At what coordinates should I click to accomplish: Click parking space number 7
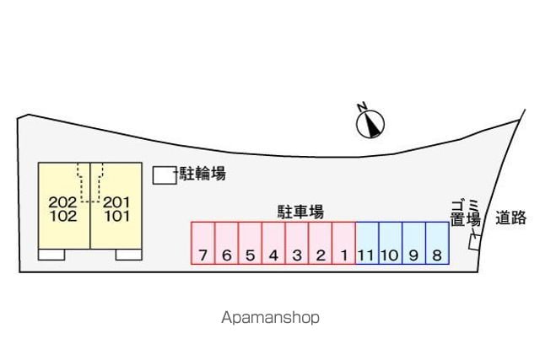[203, 243]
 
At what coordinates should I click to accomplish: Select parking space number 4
[273, 243]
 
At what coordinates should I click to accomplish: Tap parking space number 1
[343, 243]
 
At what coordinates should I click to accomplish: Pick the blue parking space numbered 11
[367, 243]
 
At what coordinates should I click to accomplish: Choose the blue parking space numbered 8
[437, 243]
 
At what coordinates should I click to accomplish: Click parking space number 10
[391, 243]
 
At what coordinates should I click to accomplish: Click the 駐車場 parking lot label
[300, 212]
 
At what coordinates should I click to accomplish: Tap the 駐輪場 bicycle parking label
[202, 173]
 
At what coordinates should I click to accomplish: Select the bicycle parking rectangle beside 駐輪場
[165, 175]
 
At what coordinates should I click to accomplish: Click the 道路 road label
[510, 218]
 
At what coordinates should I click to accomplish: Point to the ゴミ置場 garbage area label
[466, 213]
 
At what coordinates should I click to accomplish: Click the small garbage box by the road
[474, 242]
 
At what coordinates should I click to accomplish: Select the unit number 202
[62, 202]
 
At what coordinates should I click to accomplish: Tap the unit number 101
[117, 217]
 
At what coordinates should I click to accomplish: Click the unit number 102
[63, 217]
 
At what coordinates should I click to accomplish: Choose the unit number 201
[116, 202]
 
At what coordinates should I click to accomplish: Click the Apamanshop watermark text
[270, 318]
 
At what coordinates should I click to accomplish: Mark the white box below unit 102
[51, 255]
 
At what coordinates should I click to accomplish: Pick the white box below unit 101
[129, 255]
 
